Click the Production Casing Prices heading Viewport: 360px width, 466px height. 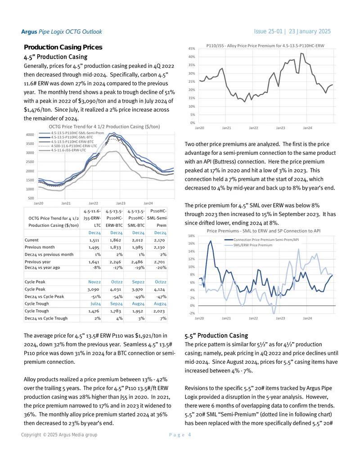63,47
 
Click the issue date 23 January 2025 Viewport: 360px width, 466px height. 310,31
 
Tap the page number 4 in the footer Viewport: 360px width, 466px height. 189,435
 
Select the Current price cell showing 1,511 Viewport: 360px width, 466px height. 94,240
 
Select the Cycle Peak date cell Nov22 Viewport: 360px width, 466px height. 94,282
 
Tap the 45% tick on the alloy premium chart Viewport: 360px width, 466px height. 192,49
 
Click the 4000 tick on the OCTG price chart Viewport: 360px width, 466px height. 30,135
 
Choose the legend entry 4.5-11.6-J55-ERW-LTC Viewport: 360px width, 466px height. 68,150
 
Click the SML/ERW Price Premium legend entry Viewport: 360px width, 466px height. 253,245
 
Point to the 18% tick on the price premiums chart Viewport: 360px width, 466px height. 192,236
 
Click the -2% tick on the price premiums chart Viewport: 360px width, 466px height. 192,313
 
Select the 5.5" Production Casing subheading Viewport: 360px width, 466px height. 216,335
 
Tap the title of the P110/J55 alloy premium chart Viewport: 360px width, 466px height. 265,46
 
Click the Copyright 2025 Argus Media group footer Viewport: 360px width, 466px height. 59,435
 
